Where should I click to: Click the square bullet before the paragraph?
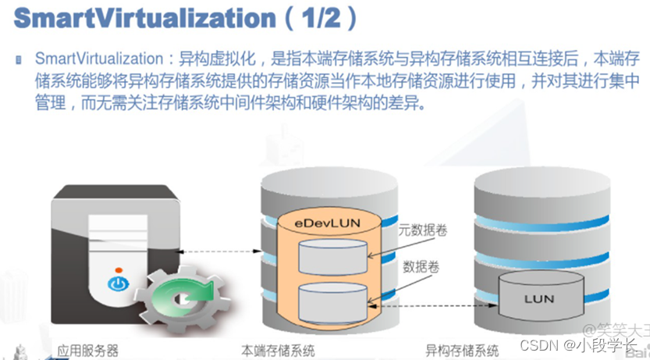click(x=18, y=60)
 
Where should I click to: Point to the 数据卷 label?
click(x=420, y=266)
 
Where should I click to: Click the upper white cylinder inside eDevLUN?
click(x=332, y=255)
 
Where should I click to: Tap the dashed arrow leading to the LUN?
click(x=437, y=306)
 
